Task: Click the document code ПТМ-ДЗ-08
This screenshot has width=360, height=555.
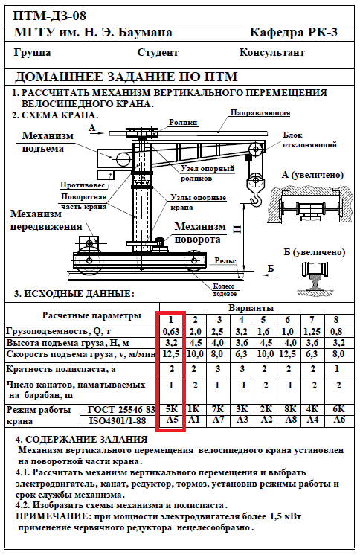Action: click(x=50, y=16)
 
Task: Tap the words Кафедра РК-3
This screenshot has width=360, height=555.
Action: click(x=293, y=32)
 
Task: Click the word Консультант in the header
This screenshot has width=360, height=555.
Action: click(x=271, y=52)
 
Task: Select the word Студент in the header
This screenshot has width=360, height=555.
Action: click(x=158, y=52)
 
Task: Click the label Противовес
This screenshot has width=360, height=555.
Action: click(x=83, y=185)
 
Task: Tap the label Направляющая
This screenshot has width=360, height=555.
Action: click(x=260, y=112)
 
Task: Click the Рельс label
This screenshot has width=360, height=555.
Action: click(x=225, y=261)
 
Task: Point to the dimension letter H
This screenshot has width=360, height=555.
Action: click(x=237, y=229)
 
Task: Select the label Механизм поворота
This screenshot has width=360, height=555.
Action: click(x=200, y=233)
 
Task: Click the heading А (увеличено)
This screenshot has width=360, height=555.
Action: click(x=312, y=175)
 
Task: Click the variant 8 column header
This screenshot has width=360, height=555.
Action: click(x=336, y=320)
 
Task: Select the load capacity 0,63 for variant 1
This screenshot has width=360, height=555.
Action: click(x=171, y=332)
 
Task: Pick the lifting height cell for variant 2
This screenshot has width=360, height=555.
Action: click(x=195, y=343)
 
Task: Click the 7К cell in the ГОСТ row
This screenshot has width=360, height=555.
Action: click(x=218, y=409)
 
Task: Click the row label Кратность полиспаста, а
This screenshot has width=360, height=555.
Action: click(x=61, y=369)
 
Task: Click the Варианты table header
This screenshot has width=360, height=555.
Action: click(x=251, y=308)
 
